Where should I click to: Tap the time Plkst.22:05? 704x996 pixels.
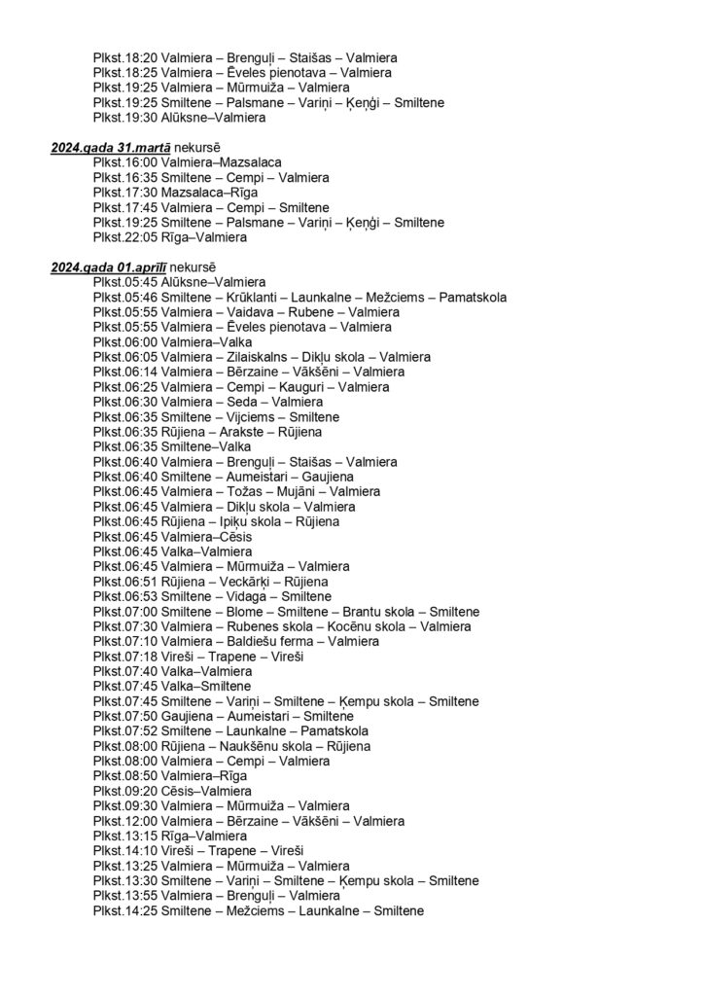tap(125, 237)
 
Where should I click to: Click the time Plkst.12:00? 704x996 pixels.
tap(125, 821)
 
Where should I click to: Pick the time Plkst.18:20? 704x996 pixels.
tap(125, 58)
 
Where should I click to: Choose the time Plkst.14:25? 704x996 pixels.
tap(125, 910)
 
